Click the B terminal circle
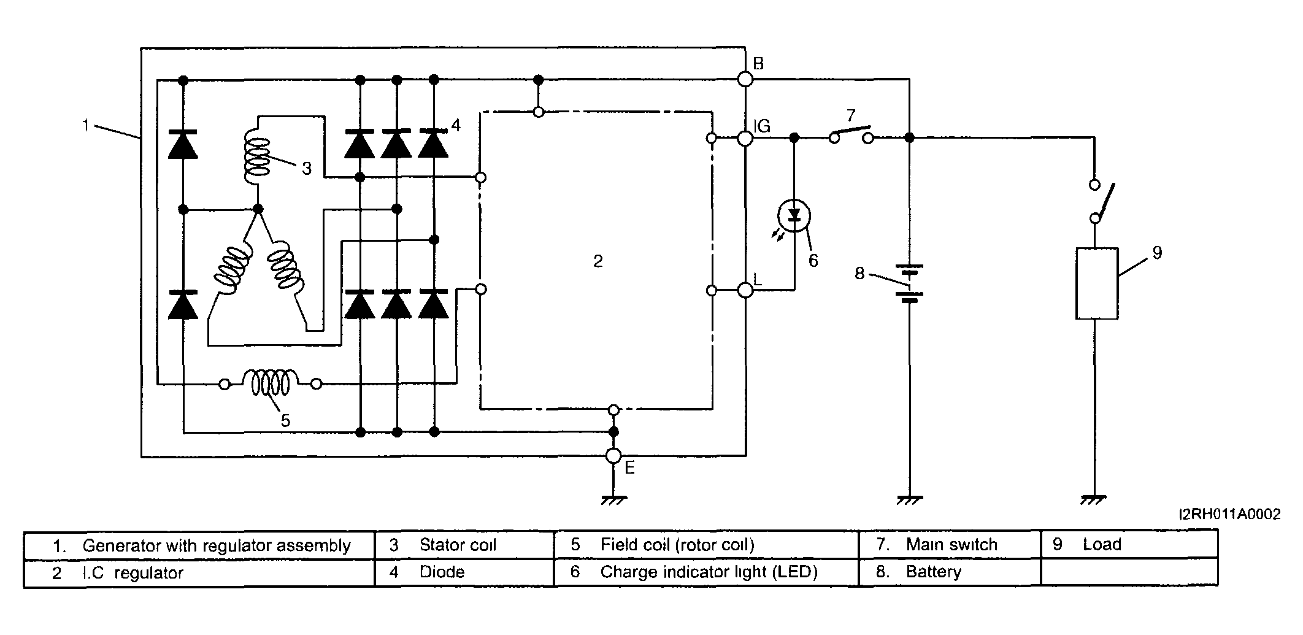[745, 79]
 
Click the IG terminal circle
[745, 138]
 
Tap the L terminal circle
[745, 290]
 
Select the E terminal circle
[613, 456]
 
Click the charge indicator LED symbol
[794, 215]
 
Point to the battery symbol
[909, 283]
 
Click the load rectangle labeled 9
[1097, 283]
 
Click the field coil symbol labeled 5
[270, 383]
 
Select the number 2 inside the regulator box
[598, 261]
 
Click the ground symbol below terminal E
[613, 499]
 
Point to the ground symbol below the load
[1093, 499]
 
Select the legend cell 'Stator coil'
[464, 545]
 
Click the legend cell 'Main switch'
[950, 545]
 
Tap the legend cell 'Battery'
[950, 572]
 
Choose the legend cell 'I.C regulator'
[199, 573]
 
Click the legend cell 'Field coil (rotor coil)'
[706, 545]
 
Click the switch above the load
[1101, 201]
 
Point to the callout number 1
[86, 125]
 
